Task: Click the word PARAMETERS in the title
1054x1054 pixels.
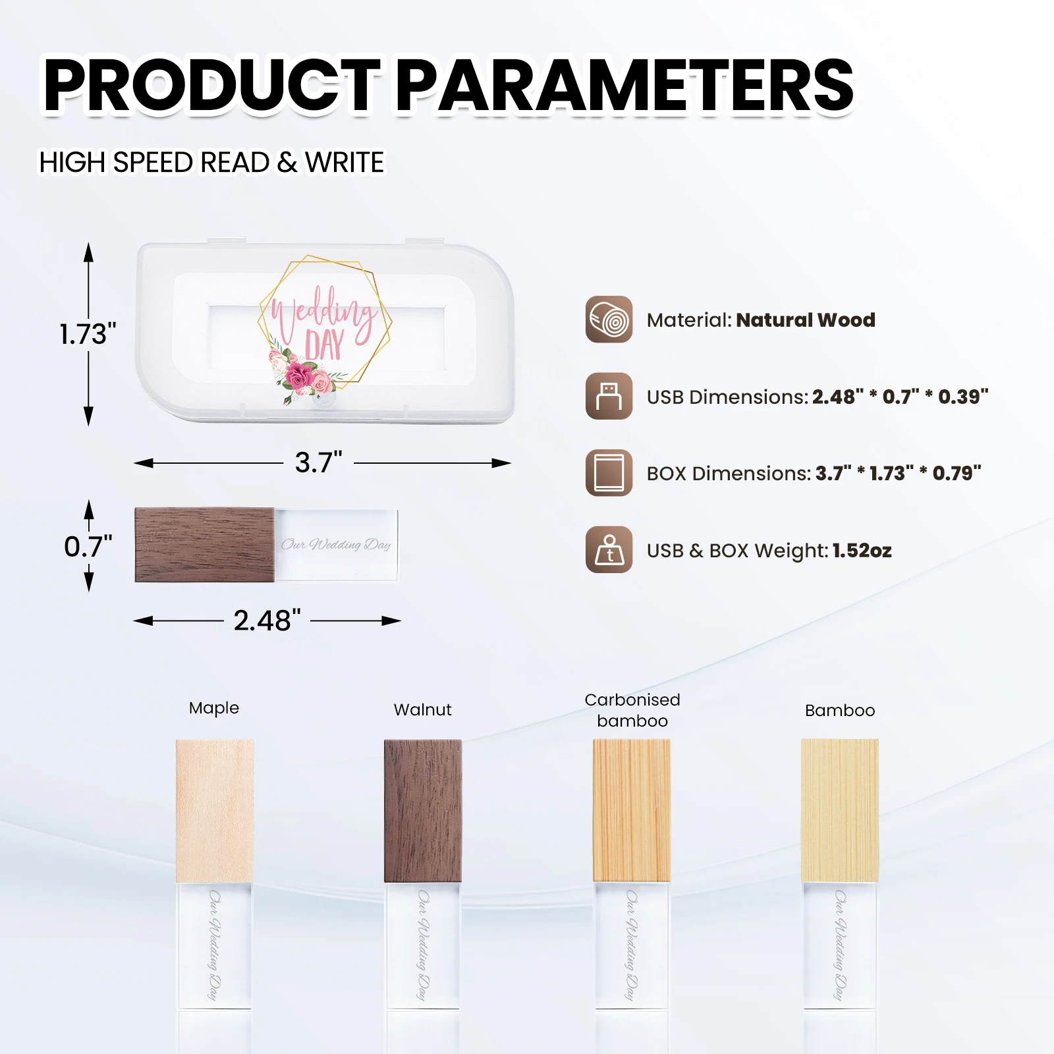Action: pyautogui.click(x=624, y=86)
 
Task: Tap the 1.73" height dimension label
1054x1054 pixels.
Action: pyautogui.click(x=88, y=335)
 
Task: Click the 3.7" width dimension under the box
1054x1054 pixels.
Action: pyautogui.click(x=318, y=462)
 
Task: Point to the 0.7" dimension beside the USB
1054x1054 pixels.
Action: pyautogui.click(x=88, y=547)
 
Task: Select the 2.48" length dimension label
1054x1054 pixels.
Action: pyautogui.click(x=267, y=621)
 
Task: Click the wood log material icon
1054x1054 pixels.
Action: pyautogui.click(x=609, y=319)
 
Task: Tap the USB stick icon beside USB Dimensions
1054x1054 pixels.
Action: pyautogui.click(x=609, y=397)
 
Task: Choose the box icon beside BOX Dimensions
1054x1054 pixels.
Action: pyautogui.click(x=609, y=473)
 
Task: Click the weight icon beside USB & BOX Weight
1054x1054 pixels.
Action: pyautogui.click(x=609, y=550)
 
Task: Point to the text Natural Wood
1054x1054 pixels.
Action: pyautogui.click(x=805, y=320)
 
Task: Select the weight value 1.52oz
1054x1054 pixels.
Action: pyautogui.click(x=862, y=551)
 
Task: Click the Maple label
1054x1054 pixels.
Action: pyautogui.click(x=214, y=708)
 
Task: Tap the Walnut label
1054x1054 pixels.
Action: pyautogui.click(x=422, y=710)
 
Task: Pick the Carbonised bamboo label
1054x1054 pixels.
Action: pyautogui.click(x=632, y=710)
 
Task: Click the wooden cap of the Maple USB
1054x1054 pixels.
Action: pyautogui.click(x=215, y=810)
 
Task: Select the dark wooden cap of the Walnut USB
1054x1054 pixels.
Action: pyautogui.click(x=423, y=810)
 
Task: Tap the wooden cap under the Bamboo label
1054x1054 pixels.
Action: pyautogui.click(x=840, y=810)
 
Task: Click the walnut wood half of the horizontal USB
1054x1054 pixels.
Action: pyautogui.click(x=204, y=545)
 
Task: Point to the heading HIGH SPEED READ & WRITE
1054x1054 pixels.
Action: pyautogui.click(x=211, y=163)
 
